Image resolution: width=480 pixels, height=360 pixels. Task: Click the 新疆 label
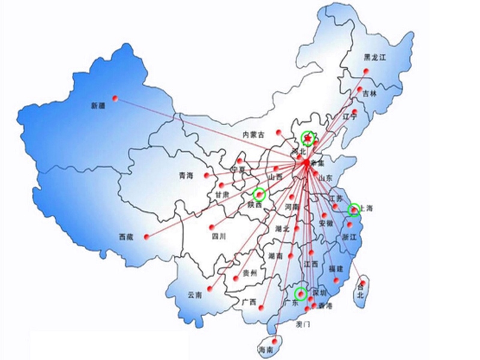(x=98, y=106)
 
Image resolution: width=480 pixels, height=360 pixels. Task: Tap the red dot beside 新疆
(x=116, y=98)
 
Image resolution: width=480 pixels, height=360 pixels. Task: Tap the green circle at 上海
(x=353, y=209)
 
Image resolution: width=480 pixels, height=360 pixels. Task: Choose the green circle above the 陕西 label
(x=259, y=193)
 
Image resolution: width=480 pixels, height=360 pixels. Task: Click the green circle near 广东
(x=301, y=293)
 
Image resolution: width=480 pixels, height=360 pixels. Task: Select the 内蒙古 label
(x=253, y=135)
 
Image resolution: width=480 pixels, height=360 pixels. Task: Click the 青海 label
(x=186, y=176)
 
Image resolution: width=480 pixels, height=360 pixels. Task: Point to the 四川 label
(x=219, y=236)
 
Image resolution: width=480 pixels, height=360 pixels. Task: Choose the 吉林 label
(x=370, y=94)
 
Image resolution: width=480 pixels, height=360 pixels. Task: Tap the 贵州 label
(x=250, y=273)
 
